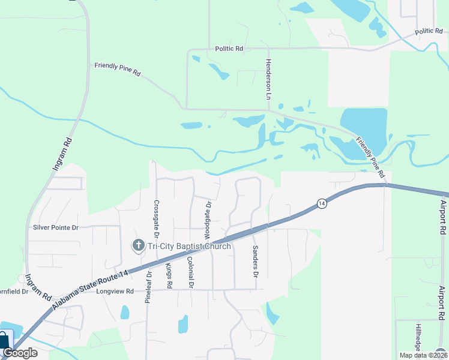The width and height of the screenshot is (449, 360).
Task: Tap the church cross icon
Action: point(138,245)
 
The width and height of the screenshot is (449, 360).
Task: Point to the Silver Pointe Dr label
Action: point(56,227)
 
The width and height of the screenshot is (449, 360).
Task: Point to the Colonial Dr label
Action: point(190,273)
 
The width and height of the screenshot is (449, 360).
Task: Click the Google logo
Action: point(20,353)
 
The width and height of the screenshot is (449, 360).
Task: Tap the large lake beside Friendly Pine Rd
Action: point(363,126)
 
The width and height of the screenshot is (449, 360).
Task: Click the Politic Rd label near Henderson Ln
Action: point(229,48)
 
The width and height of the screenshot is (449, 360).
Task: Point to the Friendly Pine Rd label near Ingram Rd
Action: point(117,70)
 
